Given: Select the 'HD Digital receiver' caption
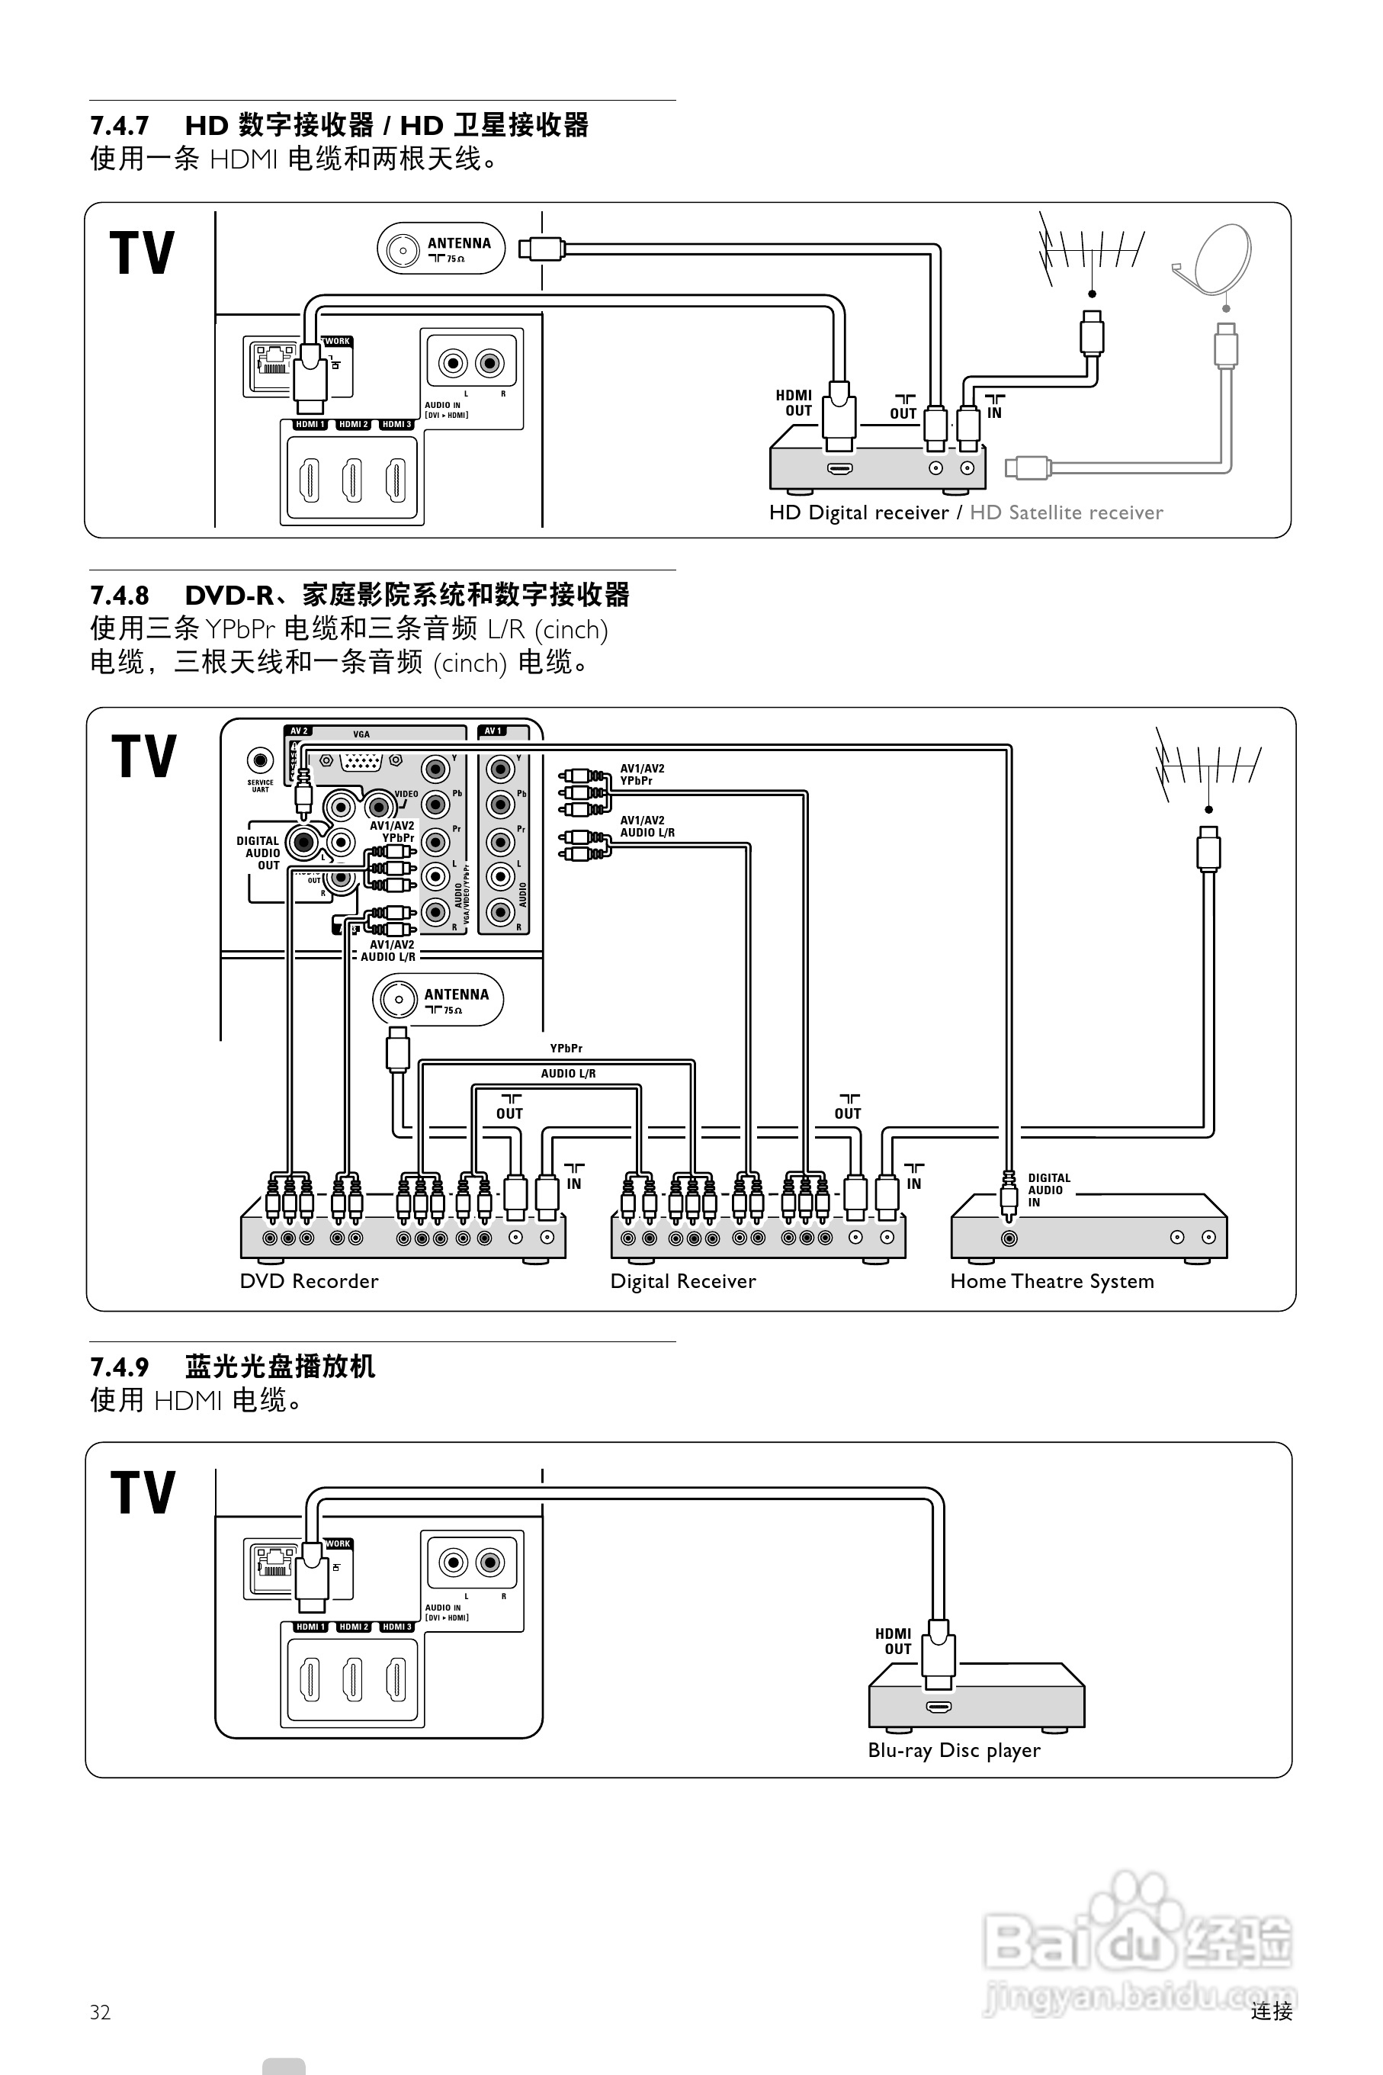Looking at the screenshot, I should tap(858, 512).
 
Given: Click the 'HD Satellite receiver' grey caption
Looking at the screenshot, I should tap(1066, 512).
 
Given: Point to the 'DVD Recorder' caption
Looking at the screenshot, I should tap(309, 1281).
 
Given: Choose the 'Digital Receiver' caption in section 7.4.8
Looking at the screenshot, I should tap(682, 1281).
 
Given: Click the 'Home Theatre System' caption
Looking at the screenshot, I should tap(1051, 1281).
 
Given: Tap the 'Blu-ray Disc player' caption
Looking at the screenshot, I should tap(954, 1750).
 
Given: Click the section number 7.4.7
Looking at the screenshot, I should tap(119, 125).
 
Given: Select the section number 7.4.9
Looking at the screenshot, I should tap(119, 1367).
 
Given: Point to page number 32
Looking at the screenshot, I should tap(100, 2012).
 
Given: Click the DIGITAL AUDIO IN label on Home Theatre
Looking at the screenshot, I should tap(1049, 1190).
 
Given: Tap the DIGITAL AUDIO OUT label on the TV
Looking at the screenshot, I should tap(258, 853).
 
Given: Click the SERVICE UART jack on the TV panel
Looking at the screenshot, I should tap(260, 760).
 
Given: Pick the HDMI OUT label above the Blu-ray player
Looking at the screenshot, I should tap(893, 1641).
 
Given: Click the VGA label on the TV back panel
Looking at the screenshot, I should tap(361, 734).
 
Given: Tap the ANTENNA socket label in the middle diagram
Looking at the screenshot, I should tap(455, 995).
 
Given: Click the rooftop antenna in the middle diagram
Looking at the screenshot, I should tap(1208, 764).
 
